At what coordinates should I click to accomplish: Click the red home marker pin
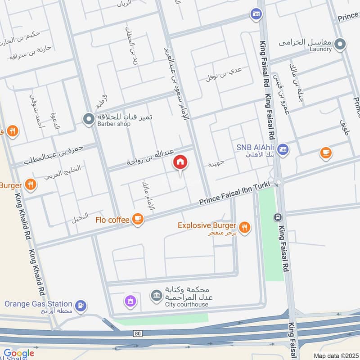tap(180, 162)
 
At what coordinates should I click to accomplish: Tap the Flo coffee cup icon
tap(138, 220)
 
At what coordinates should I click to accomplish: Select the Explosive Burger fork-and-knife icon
tap(244, 228)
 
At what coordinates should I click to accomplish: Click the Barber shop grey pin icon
tap(88, 118)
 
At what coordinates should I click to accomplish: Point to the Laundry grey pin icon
tap(341, 44)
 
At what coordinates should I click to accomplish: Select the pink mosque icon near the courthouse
tap(130, 300)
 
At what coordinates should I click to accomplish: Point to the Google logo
tap(18, 353)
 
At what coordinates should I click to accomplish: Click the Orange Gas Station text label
tap(38, 304)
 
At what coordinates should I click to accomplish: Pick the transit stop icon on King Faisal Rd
tap(277, 217)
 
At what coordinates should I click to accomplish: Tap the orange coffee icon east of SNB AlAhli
tap(326, 153)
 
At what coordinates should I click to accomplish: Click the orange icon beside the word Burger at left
tap(30, 184)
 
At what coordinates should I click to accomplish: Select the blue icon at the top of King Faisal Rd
tap(256, 14)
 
